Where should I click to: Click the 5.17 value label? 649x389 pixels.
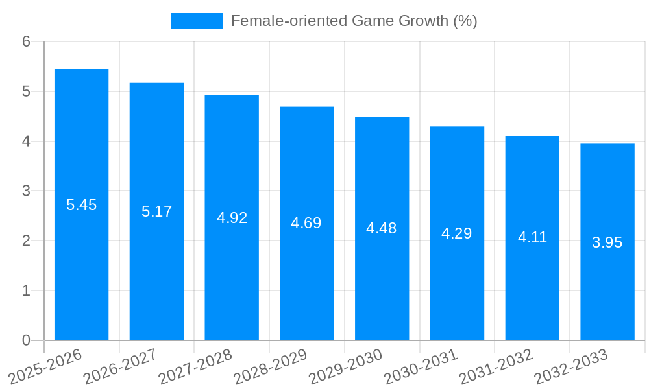[156, 211]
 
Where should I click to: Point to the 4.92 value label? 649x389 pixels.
[232, 218]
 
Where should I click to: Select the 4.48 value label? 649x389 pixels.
[382, 228]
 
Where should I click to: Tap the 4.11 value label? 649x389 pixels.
[532, 237]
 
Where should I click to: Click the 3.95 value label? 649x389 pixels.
[607, 242]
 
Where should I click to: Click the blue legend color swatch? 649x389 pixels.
[197, 21]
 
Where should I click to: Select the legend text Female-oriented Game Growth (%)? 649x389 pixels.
[354, 21]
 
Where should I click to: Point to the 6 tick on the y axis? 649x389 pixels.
[26, 41]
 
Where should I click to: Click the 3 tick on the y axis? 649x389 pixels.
[26, 191]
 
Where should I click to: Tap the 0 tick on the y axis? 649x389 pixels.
[26, 340]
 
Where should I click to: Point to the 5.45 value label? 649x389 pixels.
[81, 206]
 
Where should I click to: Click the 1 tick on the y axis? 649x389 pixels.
[26, 290]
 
